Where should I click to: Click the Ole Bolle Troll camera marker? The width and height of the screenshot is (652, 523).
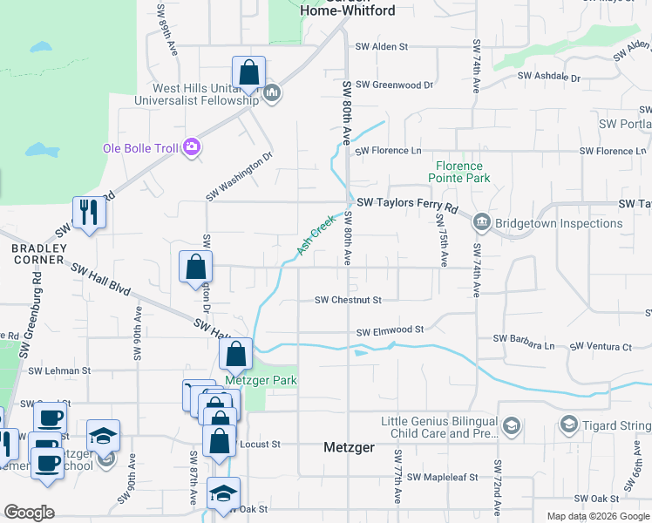point(192,148)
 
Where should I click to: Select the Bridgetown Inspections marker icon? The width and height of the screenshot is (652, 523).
point(481,224)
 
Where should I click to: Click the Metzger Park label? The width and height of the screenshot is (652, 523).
point(261,381)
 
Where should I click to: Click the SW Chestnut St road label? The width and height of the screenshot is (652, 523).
point(349,301)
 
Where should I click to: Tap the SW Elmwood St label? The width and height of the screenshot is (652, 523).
point(390,330)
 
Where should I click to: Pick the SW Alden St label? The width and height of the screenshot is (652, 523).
point(382,46)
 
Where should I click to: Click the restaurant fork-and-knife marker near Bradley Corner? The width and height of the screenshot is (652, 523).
point(89,212)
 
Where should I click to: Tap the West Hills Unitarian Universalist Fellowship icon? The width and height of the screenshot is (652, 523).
point(272,92)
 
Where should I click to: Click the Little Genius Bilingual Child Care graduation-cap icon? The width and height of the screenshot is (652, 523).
point(512,425)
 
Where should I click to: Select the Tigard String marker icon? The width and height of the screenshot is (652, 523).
point(569,425)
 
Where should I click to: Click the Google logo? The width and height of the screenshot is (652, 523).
point(29,512)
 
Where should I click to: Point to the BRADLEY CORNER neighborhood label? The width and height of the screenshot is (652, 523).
point(37,254)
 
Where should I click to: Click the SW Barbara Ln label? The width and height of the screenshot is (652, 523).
point(524,338)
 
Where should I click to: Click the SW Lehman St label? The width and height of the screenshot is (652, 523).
point(59,370)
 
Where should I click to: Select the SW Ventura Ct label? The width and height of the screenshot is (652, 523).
point(601,347)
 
